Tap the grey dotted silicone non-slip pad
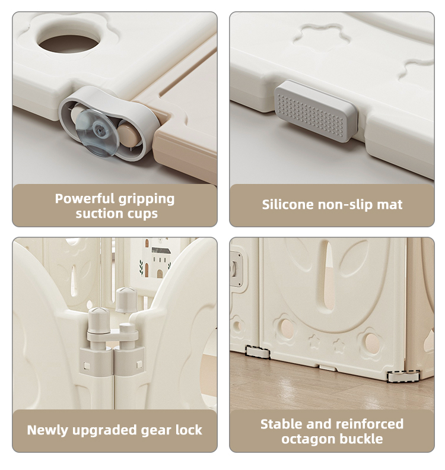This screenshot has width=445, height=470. [316, 111]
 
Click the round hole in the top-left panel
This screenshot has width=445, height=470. [69, 43]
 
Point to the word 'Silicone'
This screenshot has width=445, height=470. [288, 204]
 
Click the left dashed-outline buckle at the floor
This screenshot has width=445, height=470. [258, 352]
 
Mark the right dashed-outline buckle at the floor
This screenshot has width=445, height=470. [403, 376]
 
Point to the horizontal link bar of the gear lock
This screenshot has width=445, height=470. [112, 336]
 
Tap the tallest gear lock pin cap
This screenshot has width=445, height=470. [126, 300]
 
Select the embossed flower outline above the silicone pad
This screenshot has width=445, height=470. [322, 38]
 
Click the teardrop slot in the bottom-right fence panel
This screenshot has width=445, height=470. [328, 277]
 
